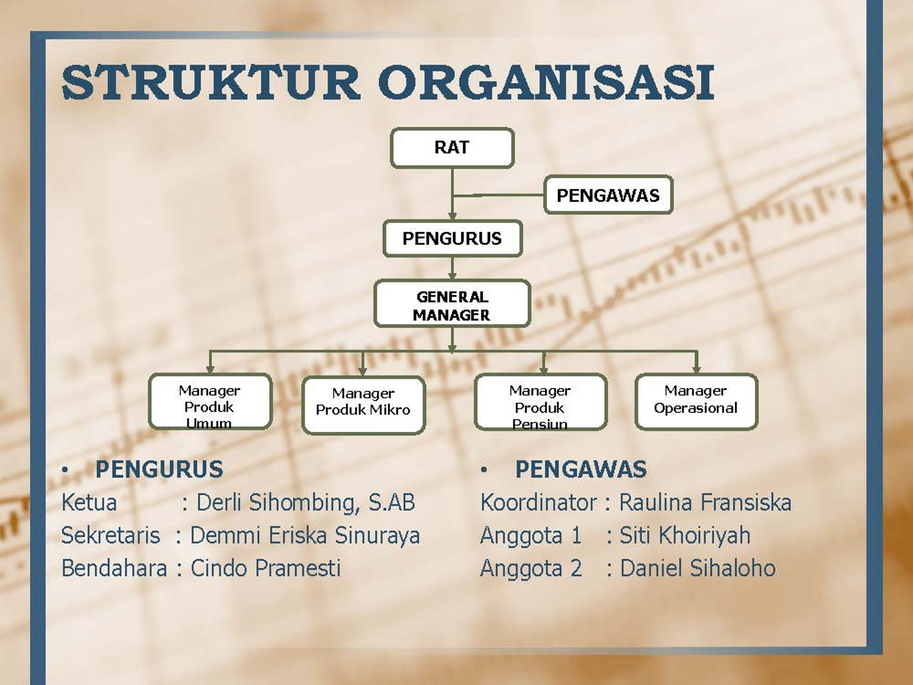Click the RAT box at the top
coord(452,148)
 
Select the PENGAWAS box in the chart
coord(608,195)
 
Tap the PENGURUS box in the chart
coord(452,238)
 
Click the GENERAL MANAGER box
coord(452,304)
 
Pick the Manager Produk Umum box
coord(210,402)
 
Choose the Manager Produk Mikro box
coord(363,405)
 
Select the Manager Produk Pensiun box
coord(540,402)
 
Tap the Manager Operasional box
coord(696,401)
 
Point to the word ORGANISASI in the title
coord(547,82)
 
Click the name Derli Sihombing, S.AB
coord(306,502)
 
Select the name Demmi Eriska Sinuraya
coord(305,535)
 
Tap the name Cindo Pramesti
coord(266,568)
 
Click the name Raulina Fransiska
coord(705,502)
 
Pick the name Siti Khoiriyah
coord(685,535)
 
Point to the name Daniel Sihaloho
coord(697,568)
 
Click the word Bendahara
coord(114,568)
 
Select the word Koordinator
coord(538,502)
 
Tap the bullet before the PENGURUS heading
coord(65,470)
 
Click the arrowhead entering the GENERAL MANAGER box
coord(452,276)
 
